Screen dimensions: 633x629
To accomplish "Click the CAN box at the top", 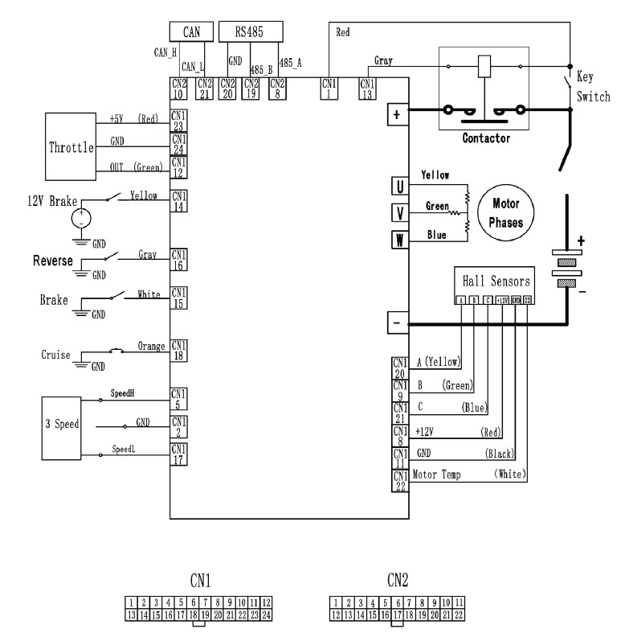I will point(192,31).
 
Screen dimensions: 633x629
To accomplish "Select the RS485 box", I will point(251,31).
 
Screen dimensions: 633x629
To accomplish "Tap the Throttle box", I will point(68,148).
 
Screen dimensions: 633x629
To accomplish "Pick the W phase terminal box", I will point(397,239).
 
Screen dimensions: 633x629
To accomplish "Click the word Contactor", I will point(486,138).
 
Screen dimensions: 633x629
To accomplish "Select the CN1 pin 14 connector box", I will point(179,200).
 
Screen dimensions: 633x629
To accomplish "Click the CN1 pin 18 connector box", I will point(179,351).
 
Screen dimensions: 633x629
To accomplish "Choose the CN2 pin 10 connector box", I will point(179,88).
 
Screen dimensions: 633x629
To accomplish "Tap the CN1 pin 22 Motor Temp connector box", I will point(399,479).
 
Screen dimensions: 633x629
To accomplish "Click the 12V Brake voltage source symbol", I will point(80,218).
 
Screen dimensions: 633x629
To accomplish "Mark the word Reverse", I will point(53,261).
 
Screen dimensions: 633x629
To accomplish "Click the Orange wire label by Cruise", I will point(145,347).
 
